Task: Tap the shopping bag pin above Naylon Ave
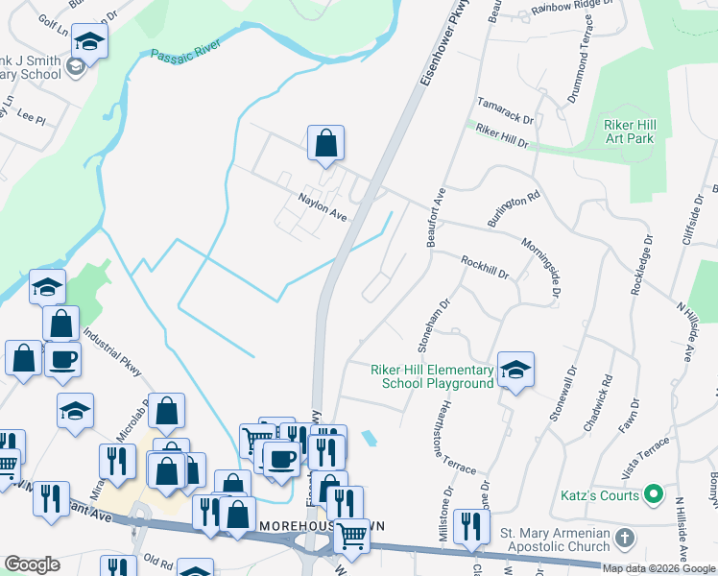[326, 143]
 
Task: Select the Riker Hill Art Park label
[629, 132]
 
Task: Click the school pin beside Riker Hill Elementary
[515, 371]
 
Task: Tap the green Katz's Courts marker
[654, 495]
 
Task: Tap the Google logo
[32, 564]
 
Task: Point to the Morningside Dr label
[540, 272]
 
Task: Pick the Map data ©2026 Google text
[658, 568]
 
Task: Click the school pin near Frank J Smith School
[89, 41]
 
